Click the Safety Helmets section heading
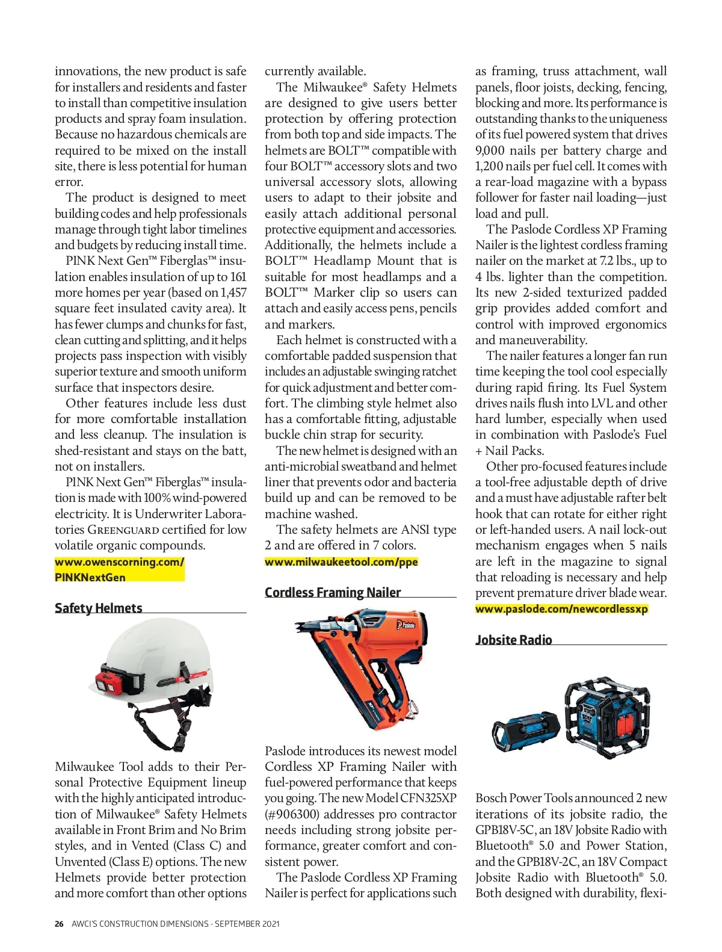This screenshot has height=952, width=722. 99,608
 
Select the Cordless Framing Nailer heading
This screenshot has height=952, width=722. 333,592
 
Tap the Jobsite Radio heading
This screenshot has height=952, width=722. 514,640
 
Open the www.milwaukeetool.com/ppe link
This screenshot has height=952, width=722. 341,561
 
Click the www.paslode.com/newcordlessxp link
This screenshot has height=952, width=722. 561,608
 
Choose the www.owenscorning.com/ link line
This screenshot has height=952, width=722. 119,561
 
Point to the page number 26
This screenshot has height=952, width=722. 59,924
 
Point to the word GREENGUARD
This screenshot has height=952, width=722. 123,530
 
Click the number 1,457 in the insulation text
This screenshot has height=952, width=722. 233,292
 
